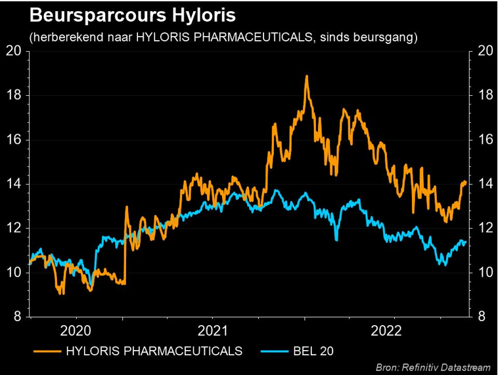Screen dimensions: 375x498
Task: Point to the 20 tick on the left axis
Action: click(x=14, y=51)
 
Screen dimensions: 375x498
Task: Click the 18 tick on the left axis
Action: click(x=14, y=95)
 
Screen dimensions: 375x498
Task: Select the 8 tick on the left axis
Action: click(x=18, y=317)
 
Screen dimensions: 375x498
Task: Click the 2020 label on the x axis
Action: click(x=78, y=330)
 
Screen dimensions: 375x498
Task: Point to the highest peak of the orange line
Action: click(x=306, y=76)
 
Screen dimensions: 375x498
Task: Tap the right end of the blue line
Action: click(x=466, y=242)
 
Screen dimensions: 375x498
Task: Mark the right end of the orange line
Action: click(x=466, y=182)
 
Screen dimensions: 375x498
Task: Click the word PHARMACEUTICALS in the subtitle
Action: click(x=265, y=37)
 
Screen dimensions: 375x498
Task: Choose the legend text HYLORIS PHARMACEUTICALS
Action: click(x=154, y=351)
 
